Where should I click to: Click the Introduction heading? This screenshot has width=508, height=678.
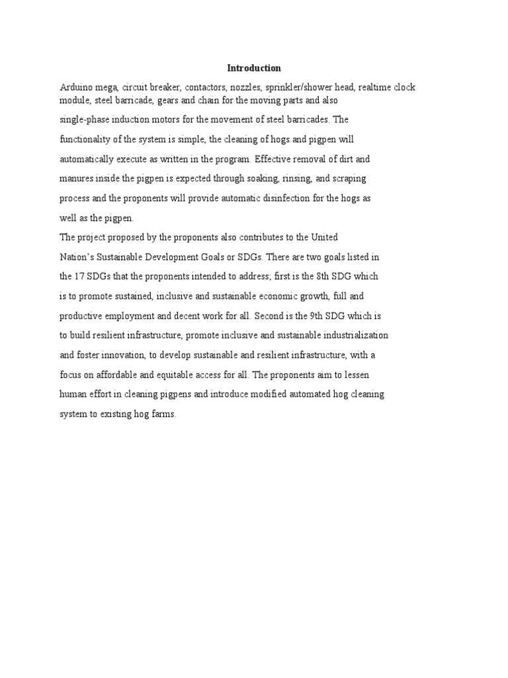254,68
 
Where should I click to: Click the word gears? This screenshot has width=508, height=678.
167,101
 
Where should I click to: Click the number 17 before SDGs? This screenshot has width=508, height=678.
81,276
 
